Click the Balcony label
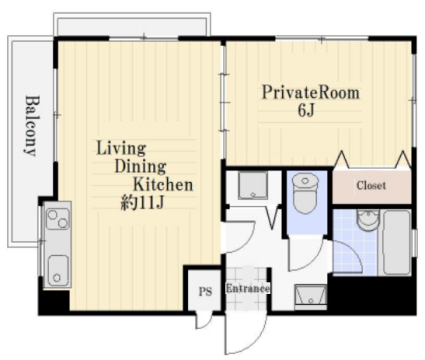pyautogui.click(x=32, y=126)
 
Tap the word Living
pyautogui.click(x=121, y=148)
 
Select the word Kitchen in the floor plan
pyautogui.click(x=163, y=184)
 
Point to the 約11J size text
pyautogui.click(x=142, y=202)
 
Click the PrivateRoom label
pyautogui.click(x=311, y=93)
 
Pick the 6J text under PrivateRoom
pyautogui.click(x=306, y=110)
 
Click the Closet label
pyautogui.click(x=371, y=185)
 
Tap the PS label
pyautogui.click(x=205, y=292)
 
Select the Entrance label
pyautogui.click(x=248, y=288)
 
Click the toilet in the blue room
pyautogui.click(x=305, y=195)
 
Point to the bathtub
pyautogui.click(x=396, y=243)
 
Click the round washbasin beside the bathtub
pyautogui.click(x=368, y=220)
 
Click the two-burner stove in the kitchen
pyautogui.click(x=58, y=218)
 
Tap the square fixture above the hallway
pyautogui.click(x=253, y=185)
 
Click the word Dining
pyautogui.click(x=140, y=166)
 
